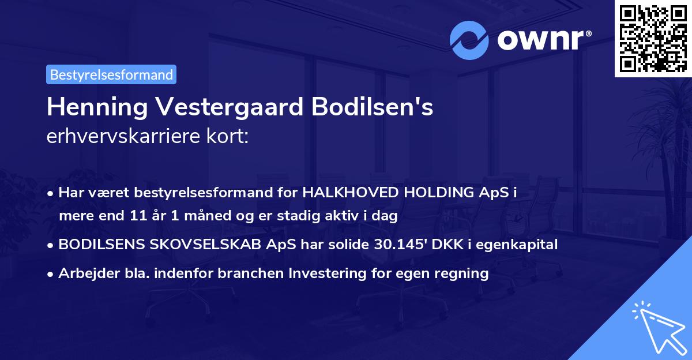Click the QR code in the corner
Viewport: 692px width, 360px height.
click(x=653, y=38)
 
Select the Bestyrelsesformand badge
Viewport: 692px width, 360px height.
click(x=111, y=74)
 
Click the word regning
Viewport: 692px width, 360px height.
click(x=465, y=273)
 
